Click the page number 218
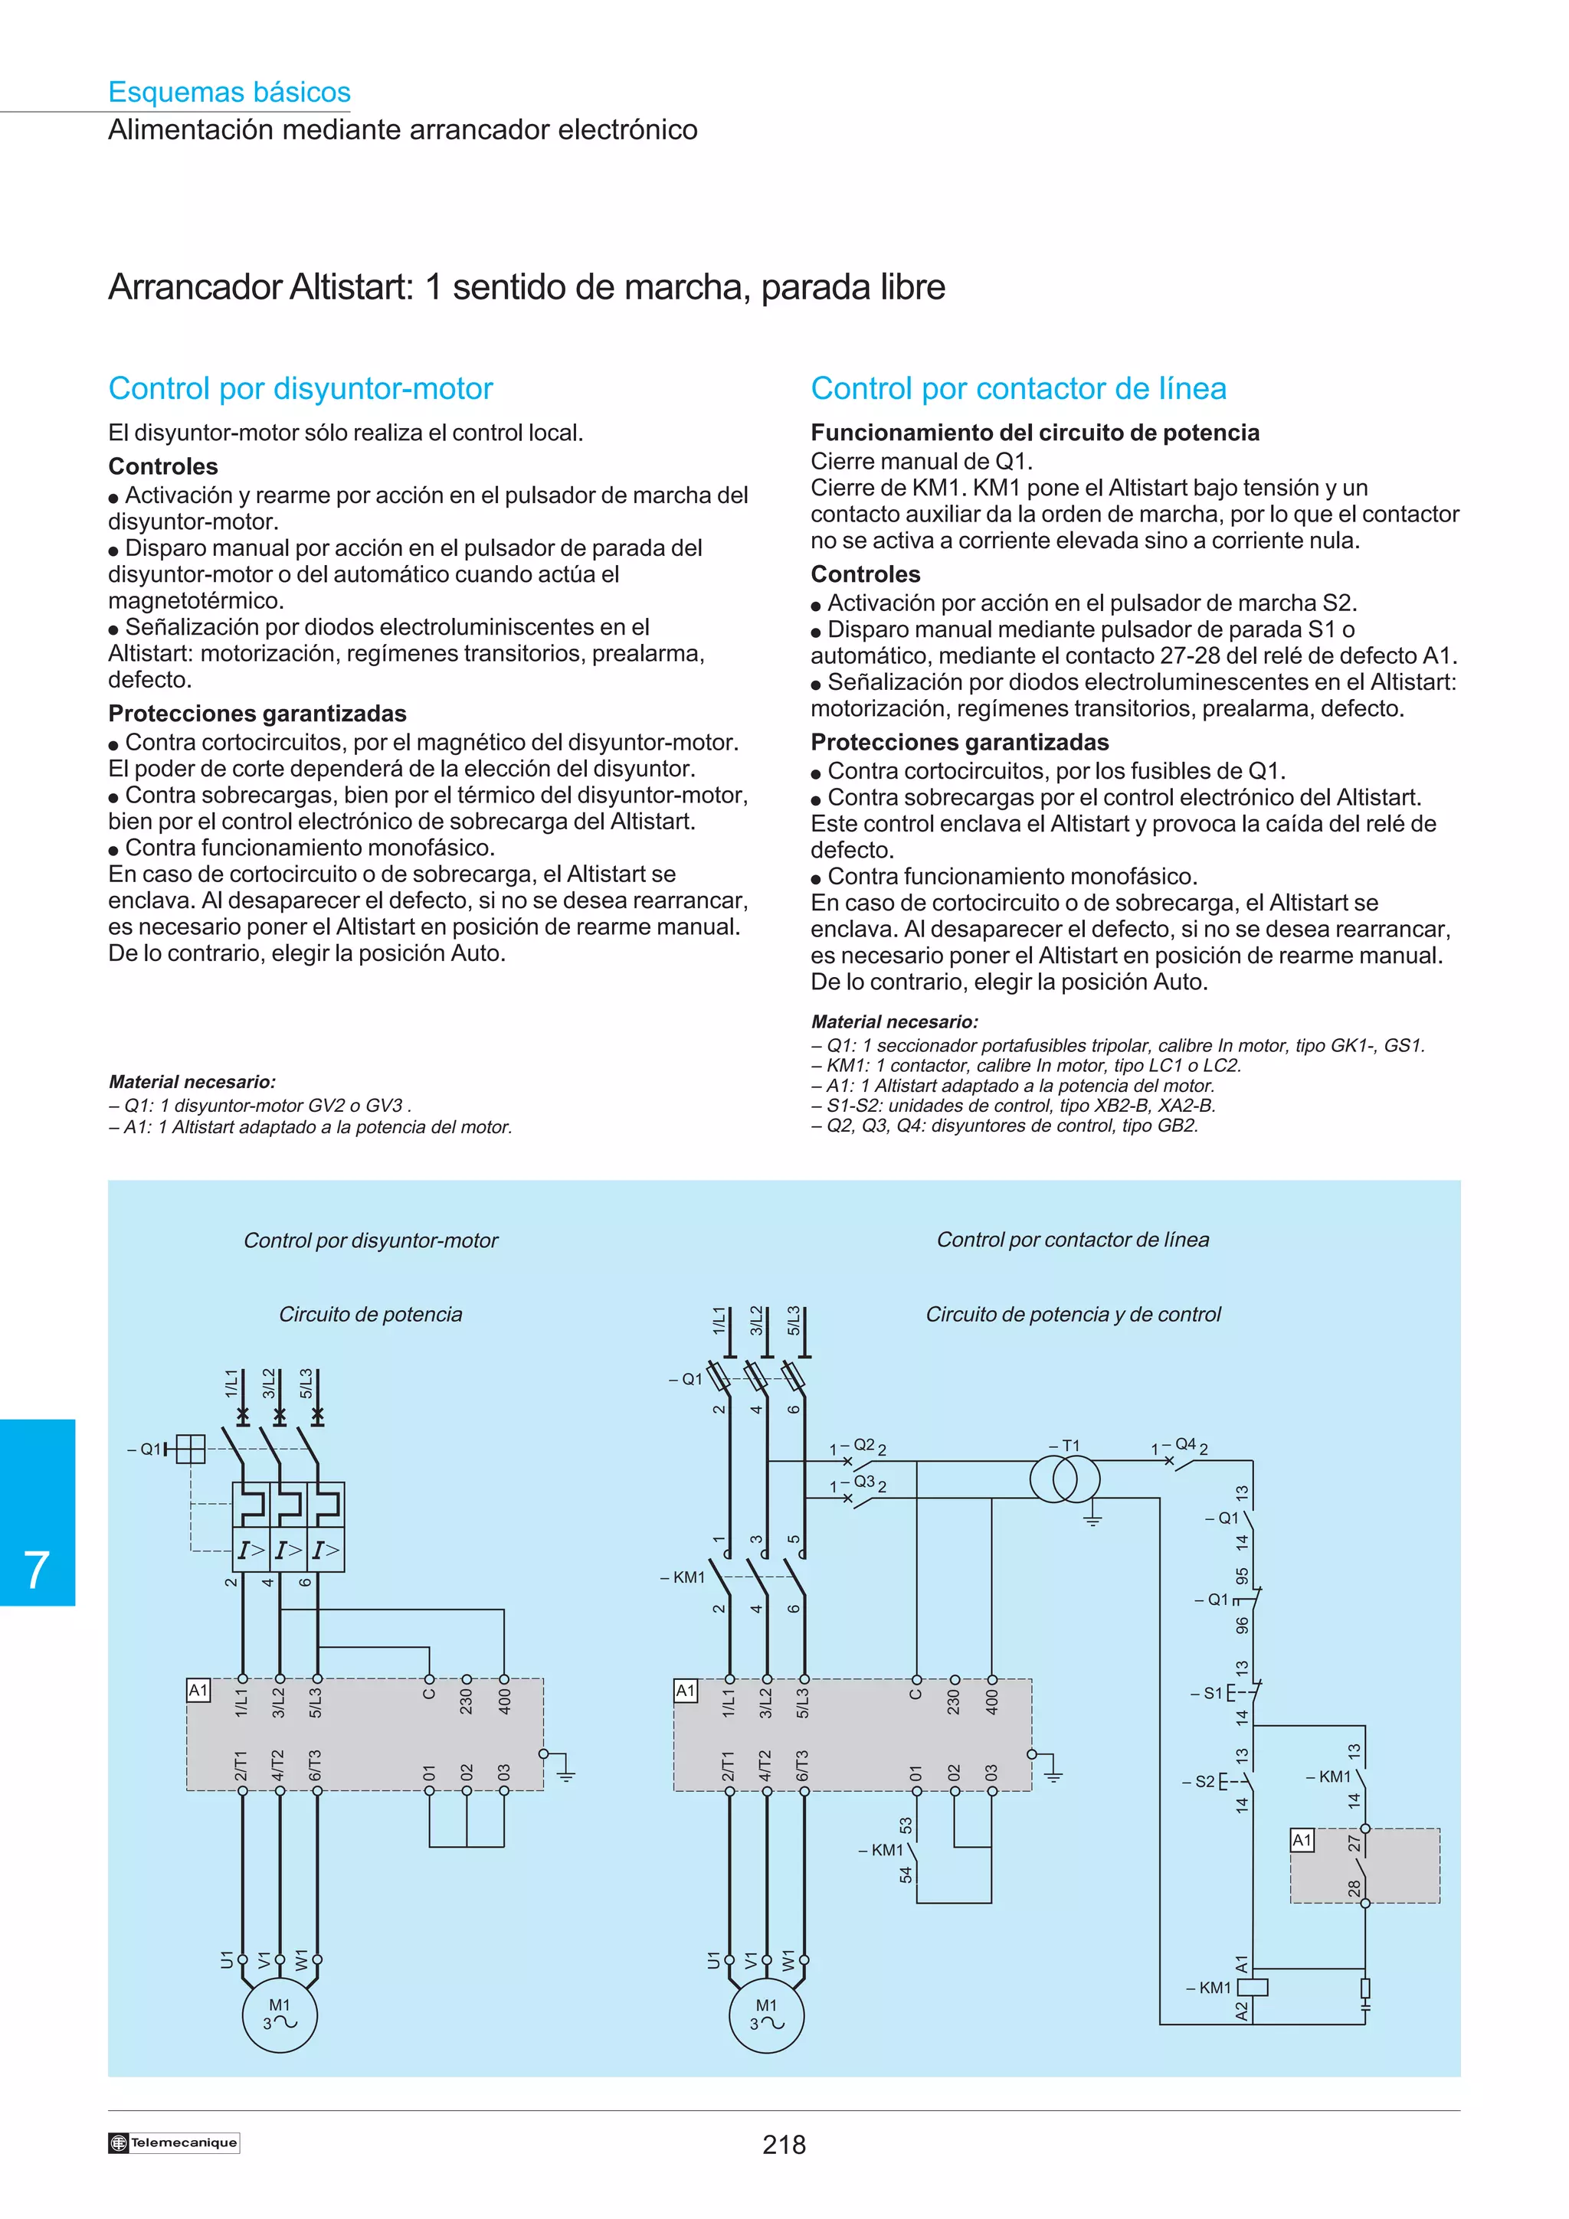(783, 2145)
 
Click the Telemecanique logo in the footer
(174, 2142)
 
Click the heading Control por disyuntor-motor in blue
(300, 388)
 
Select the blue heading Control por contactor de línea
(1018, 388)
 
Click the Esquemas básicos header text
(229, 93)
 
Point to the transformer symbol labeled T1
(1064, 1479)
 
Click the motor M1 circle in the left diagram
(280, 2015)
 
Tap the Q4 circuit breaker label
(1185, 1444)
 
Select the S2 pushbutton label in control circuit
(1204, 1781)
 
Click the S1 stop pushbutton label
(1212, 1693)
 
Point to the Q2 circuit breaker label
(863, 1445)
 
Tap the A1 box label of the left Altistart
(198, 1691)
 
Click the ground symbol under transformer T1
(1092, 1520)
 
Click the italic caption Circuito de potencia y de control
(1073, 1315)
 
